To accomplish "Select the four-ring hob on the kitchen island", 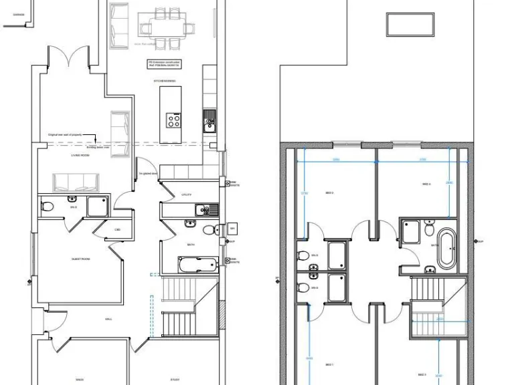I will (x=173, y=120).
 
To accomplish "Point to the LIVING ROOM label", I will (x=80, y=156).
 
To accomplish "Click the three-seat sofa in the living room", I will (x=76, y=182).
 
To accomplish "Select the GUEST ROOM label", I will (x=81, y=259).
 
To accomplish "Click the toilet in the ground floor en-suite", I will (x=47, y=206).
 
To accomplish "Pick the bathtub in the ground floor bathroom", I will (x=197, y=265).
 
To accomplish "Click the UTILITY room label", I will (x=187, y=195).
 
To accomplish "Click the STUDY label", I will (x=174, y=380).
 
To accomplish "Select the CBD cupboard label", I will (x=117, y=229).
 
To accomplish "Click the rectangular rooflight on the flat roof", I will (x=401, y=24).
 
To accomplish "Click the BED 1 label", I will (x=329, y=364).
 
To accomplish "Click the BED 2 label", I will (x=329, y=192).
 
